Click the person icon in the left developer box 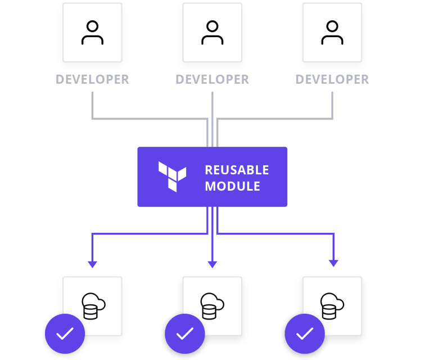pyautogui.click(x=92, y=33)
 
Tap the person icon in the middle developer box pyautogui.click(x=212, y=33)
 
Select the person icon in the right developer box pyautogui.click(x=332, y=33)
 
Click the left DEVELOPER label pyautogui.click(x=92, y=79)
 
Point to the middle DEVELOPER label pyautogui.click(x=212, y=79)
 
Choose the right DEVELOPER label pyautogui.click(x=332, y=79)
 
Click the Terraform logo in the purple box pyautogui.click(x=172, y=177)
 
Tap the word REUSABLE pyautogui.click(x=237, y=170)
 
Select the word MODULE pyautogui.click(x=232, y=186)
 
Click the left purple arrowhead pyautogui.click(x=92, y=264)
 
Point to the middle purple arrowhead pyautogui.click(x=212, y=264)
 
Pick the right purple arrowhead pyautogui.click(x=333, y=263)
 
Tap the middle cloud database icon pyautogui.click(x=213, y=305)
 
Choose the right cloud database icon pyautogui.click(x=332, y=305)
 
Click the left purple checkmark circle pyautogui.click(x=65, y=334)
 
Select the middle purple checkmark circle pyautogui.click(x=184, y=334)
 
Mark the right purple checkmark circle pyautogui.click(x=304, y=334)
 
